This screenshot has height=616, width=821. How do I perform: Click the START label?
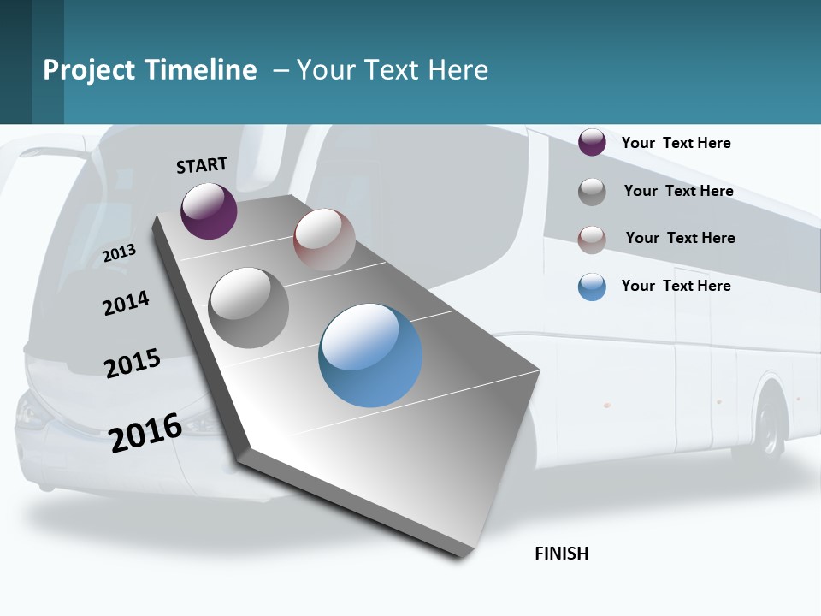(202, 165)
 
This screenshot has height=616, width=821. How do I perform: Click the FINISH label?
(561, 554)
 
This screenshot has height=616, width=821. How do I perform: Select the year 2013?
(119, 253)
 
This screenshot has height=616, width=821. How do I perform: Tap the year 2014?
(126, 303)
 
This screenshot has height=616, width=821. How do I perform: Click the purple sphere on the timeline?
(209, 210)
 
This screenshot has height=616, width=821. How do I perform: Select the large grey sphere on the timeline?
(249, 307)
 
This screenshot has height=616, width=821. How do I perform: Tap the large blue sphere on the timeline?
(370, 354)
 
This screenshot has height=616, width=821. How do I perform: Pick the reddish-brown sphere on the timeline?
(324, 240)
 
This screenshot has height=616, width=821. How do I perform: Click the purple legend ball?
(592, 143)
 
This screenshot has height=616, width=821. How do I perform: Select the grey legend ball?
(592, 192)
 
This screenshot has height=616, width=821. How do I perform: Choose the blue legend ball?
(592, 287)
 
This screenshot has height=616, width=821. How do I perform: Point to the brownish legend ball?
(592, 240)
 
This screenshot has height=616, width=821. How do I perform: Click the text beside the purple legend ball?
(676, 143)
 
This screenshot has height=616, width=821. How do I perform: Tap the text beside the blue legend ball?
(676, 286)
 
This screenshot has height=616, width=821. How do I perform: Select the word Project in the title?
(90, 71)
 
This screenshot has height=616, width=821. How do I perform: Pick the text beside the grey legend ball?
(678, 191)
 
